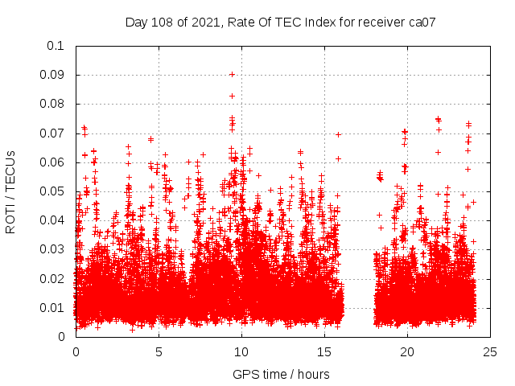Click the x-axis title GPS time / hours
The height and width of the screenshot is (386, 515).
(x=281, y=374)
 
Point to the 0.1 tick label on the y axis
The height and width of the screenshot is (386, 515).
(x=56, y=46)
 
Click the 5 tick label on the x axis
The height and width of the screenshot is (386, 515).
(x=159, y=351)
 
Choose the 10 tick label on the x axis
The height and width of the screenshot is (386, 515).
(x=242, y=351)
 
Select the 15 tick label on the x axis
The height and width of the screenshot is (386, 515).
(x=325, y=351)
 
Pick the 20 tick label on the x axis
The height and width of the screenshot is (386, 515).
(x=408, y=351)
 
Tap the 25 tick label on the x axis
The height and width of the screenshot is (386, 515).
(x=491, y=351)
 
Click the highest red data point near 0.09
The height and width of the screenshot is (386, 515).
(x=232, y=74)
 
